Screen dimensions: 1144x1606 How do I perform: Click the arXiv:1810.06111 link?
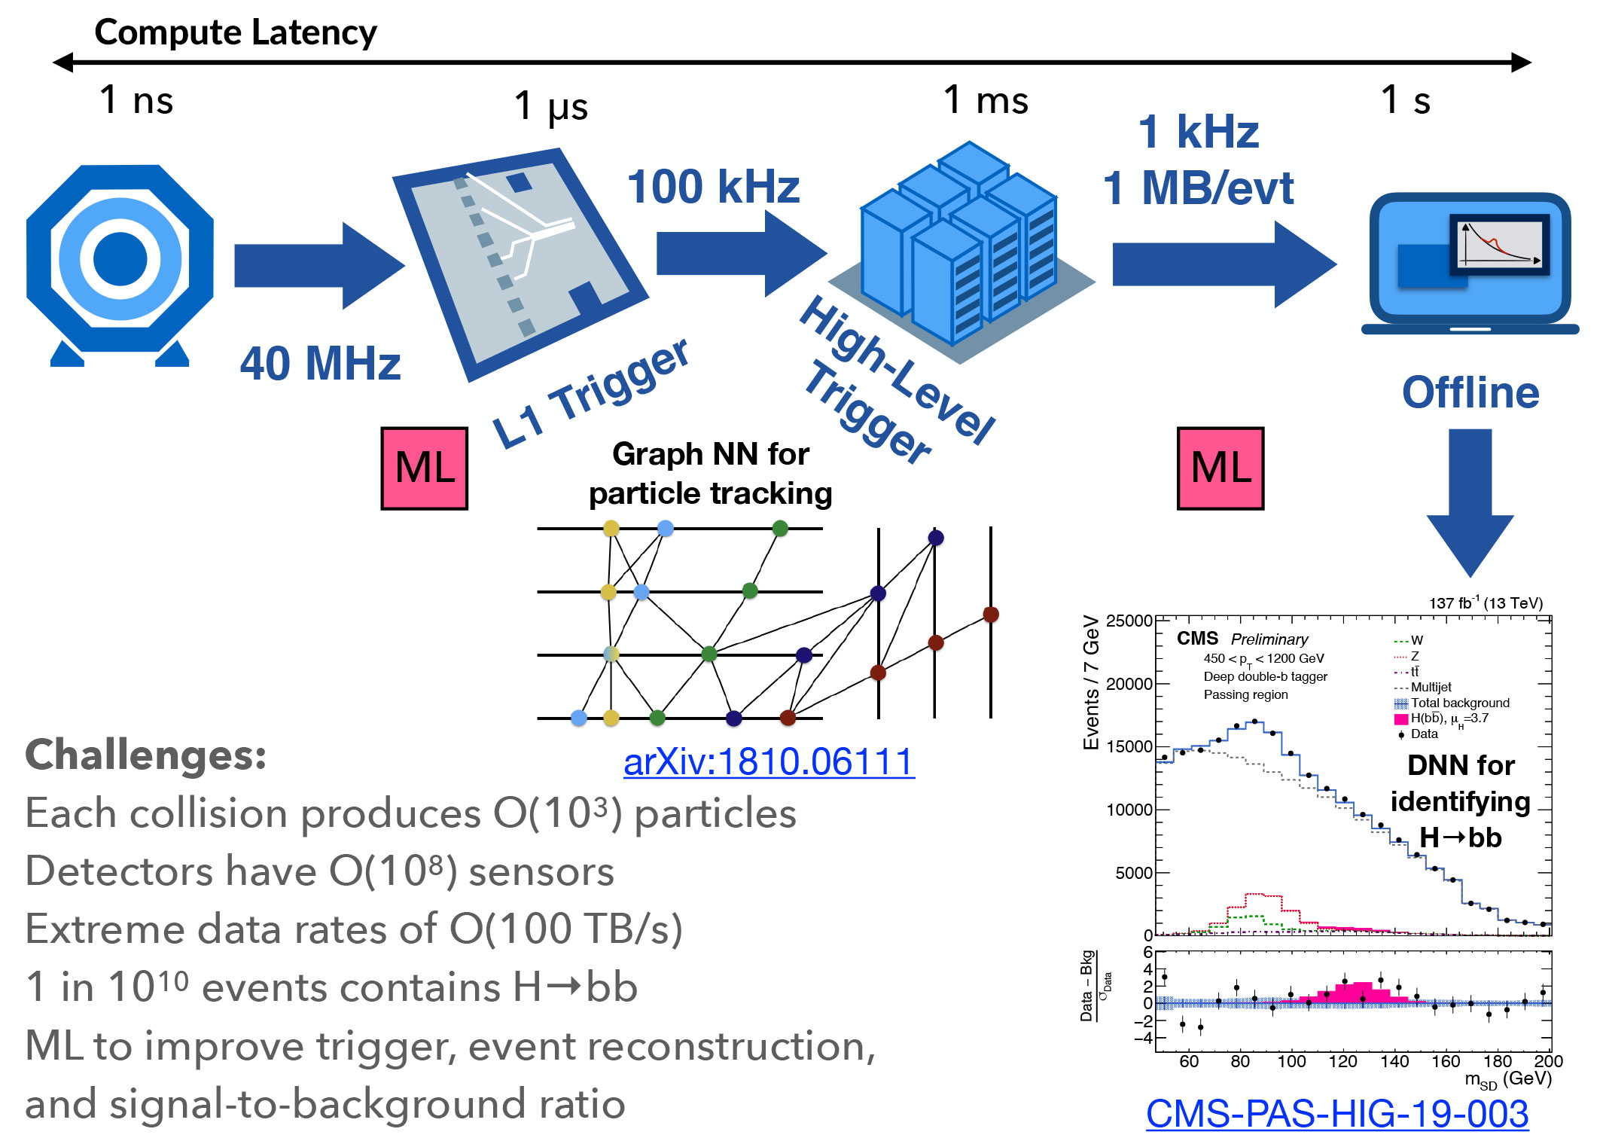769,761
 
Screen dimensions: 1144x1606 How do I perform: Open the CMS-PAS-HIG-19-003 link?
1336,1113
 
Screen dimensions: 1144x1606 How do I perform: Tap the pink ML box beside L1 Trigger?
424,468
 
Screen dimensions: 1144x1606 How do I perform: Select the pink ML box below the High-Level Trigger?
1220,468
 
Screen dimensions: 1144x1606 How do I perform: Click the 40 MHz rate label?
320,364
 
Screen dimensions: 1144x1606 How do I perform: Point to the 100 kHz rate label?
713,187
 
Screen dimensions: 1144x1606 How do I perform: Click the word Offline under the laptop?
1470,392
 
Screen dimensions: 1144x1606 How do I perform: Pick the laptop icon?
1470,264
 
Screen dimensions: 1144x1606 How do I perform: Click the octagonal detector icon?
120,260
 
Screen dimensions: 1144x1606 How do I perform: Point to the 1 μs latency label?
550,105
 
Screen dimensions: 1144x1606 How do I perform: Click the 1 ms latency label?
986,99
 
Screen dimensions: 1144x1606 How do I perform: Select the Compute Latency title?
236,32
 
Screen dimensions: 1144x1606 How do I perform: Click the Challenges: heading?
146,755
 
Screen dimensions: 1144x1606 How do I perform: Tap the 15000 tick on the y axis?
1129,746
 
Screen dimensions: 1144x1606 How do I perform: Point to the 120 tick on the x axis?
1342,1061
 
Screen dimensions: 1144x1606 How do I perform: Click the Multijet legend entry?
1430,687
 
